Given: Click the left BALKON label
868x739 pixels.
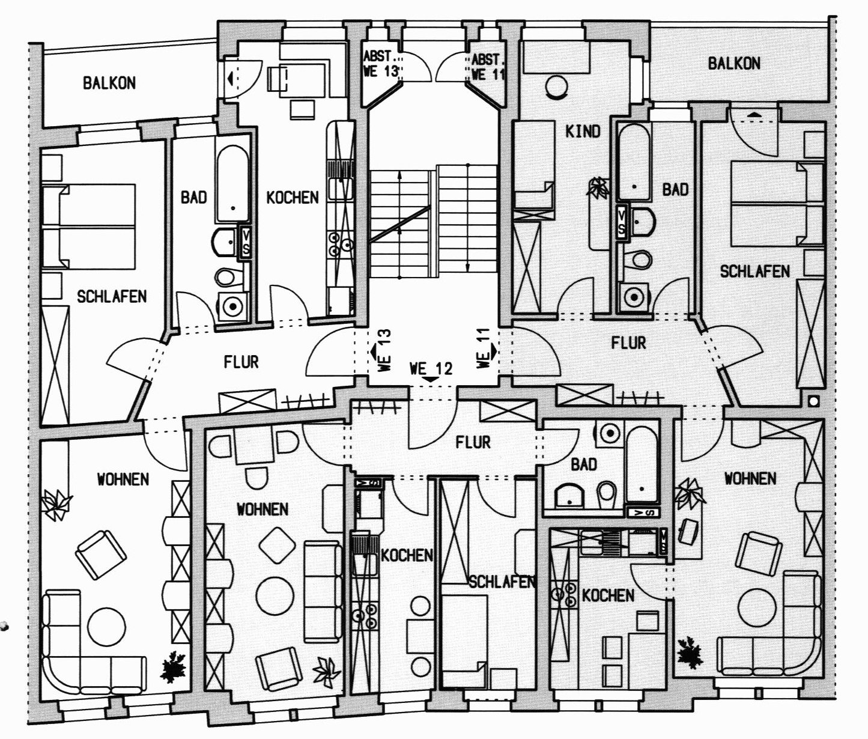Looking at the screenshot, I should [109, 83].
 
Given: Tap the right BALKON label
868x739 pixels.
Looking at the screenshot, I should [734, 63].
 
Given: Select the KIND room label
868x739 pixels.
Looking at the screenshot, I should [583, 131].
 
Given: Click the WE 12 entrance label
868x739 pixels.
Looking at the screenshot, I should [431, 369].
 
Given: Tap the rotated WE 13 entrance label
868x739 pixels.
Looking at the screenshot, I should [382, 351].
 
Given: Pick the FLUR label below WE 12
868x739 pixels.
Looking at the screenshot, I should [473, 443].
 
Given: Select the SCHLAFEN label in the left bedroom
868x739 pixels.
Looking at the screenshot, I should [112, 296].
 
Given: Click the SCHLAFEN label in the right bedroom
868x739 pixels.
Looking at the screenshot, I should [755, 272].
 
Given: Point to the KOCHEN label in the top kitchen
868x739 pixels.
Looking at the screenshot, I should [293, 197].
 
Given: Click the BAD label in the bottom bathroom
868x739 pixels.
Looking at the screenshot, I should [584, 464].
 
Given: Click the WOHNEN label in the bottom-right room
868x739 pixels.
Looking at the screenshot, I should [750, 479].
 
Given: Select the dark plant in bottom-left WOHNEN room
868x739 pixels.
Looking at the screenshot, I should [174, 666].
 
